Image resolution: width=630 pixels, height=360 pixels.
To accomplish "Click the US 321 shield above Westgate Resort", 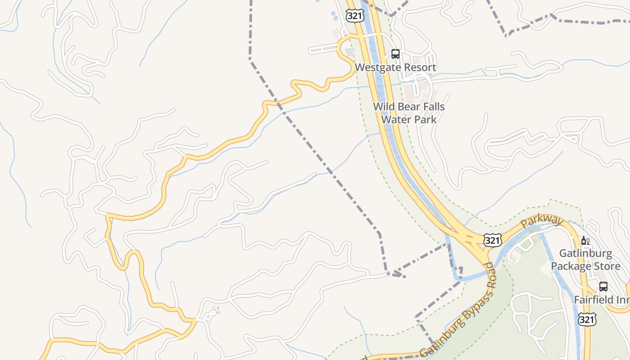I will pyautogui.click(x=355, y=16).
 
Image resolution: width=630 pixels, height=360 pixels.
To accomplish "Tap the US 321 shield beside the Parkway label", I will pyautogui.click(x=492, y=240).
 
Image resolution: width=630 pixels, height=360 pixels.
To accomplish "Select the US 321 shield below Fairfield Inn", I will pyautogui.click(x=587, y=319).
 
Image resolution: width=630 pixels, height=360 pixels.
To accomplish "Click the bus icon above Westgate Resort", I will pyautogui.click(x=395, y=54).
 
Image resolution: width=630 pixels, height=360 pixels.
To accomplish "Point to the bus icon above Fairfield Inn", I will pyautogui.click(x=603, y=286).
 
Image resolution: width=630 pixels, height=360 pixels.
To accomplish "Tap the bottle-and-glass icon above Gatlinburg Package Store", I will pyautogui.click(x=585, y=241).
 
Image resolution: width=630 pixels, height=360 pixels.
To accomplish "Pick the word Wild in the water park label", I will pyautogui.click(x=384, y=107).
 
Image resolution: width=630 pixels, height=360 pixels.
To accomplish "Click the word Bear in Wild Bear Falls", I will pyautogui.click(x=409, y=107).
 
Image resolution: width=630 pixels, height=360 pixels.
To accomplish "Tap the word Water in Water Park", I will pyautogui.click(x=395, y=119).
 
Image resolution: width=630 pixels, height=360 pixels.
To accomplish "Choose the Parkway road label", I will pyautogui.click(x=542, y=221).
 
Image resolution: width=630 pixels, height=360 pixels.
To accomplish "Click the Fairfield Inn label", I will pyautogui.click(x=601, y=300).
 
